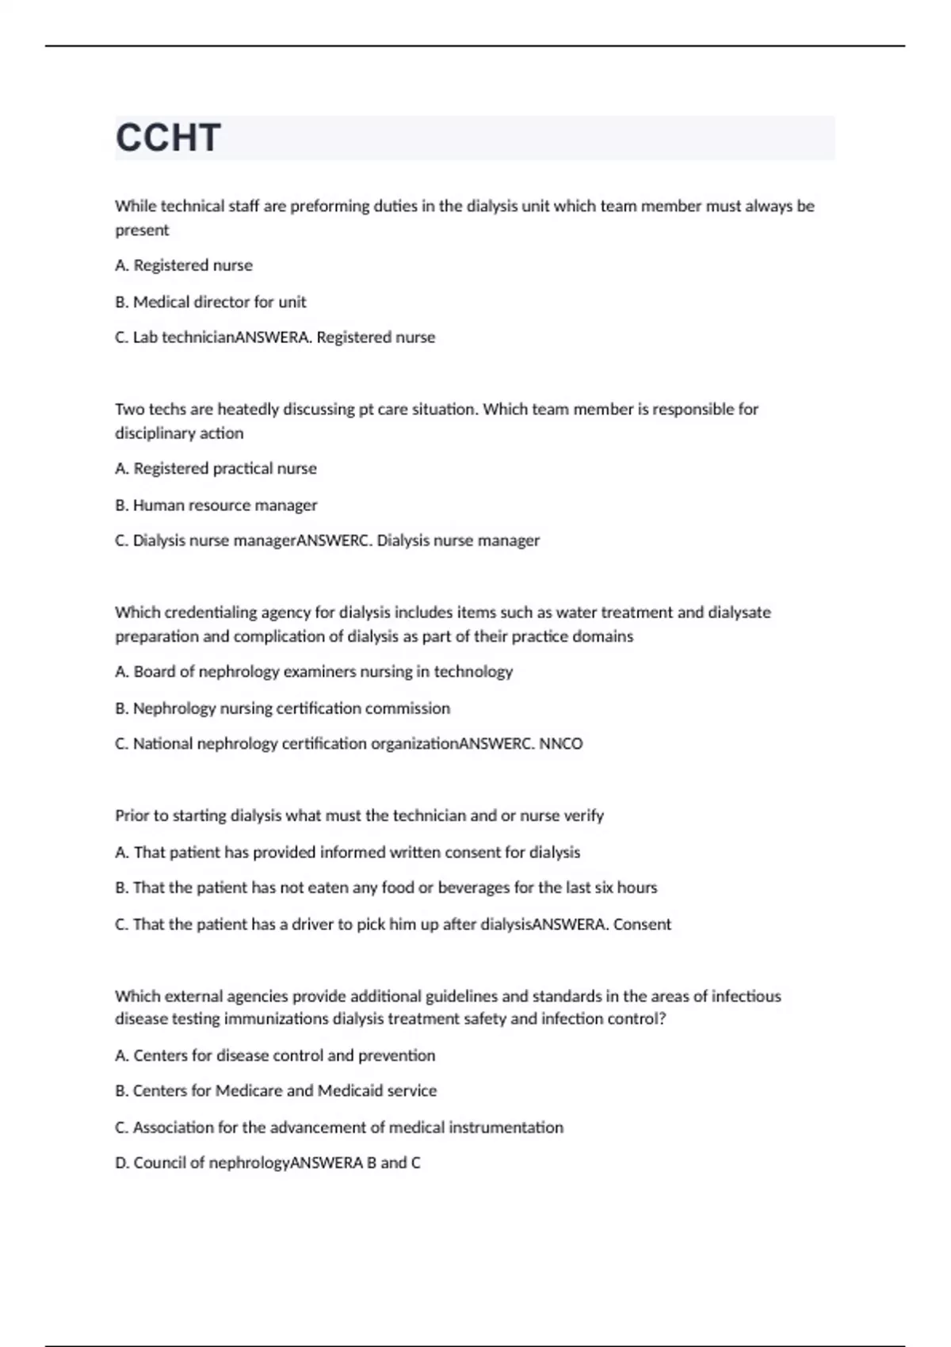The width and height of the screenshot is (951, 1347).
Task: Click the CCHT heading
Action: point(168,138)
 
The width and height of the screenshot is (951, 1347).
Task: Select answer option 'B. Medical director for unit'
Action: point(211,302)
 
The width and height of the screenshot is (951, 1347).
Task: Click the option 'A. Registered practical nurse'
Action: point(216,468)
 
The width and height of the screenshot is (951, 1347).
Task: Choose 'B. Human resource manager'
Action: point(216,505)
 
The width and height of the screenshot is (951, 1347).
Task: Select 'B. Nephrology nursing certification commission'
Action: point(282,708)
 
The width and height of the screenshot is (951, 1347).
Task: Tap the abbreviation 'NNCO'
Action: point(561,743)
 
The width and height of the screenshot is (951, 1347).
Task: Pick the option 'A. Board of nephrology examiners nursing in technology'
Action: point(314,671)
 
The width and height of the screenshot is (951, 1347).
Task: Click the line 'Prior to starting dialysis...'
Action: point(359,815)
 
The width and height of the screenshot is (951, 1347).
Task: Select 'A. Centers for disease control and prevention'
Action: point(275,1055)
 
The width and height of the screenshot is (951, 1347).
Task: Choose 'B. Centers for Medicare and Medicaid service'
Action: point(276,1090)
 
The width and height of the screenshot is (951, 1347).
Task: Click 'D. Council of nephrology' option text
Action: point(203,1162)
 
